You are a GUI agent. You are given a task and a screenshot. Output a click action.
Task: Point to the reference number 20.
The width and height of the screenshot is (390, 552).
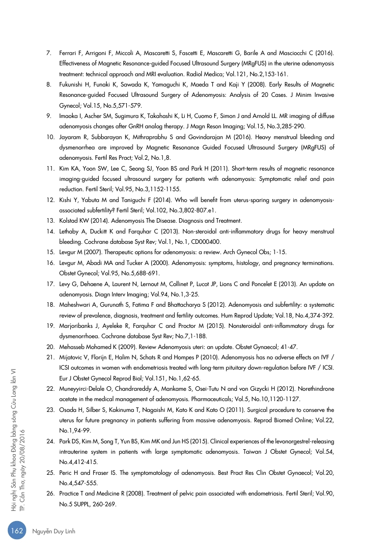click(x=50, y=346)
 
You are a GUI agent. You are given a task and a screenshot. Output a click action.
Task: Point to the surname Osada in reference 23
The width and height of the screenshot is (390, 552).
click(x=68, y=409)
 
